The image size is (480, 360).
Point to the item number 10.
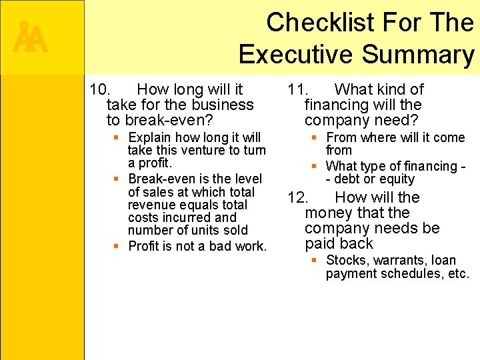click(101, 89)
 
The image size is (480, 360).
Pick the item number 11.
click(299, 89)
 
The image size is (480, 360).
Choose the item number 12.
click(299, 197)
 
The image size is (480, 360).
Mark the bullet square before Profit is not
click(116, 246)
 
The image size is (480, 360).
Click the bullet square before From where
click(314, 137)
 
